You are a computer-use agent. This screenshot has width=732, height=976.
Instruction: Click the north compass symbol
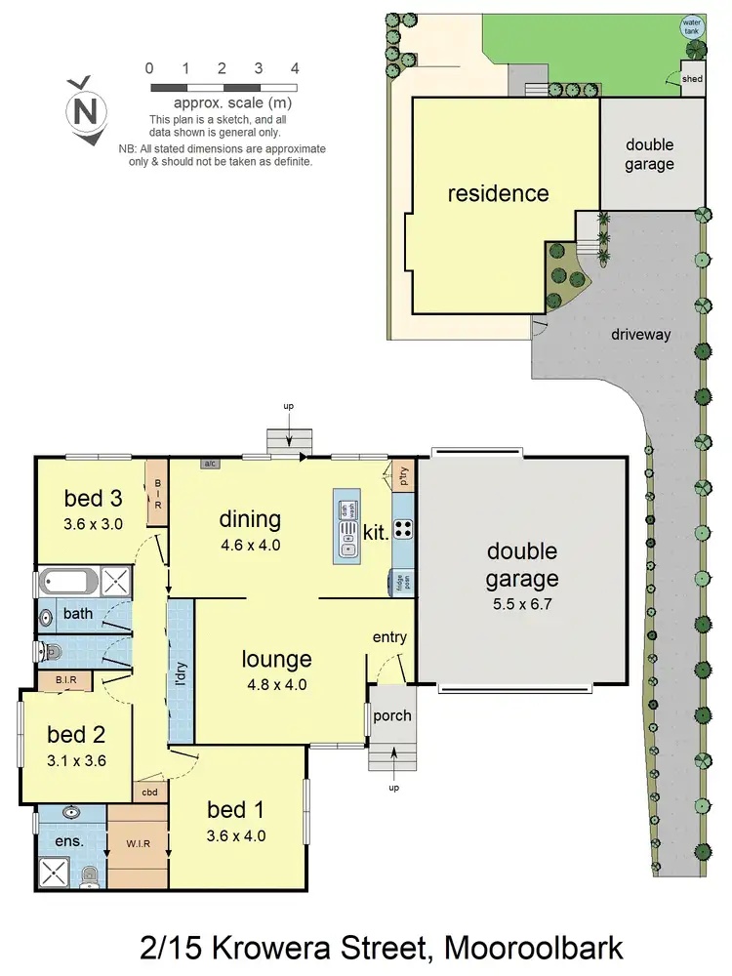tap(85, 111)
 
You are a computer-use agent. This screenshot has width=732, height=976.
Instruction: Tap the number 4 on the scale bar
tap(294, 68)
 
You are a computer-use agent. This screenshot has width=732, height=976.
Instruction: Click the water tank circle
tap(692, 26)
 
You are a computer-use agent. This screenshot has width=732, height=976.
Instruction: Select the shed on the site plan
tap(691, 79)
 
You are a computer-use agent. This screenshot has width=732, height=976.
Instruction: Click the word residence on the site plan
tap(498, 193)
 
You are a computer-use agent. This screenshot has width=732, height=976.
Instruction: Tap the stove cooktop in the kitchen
tap(404, 531)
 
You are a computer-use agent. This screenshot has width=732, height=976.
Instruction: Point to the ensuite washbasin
tap(70, 812)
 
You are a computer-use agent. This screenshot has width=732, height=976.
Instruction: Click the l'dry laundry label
tap(180, 673)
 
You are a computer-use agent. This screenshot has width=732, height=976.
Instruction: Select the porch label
tap(392, 715)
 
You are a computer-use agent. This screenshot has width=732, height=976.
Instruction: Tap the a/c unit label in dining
tap(211, 465)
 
